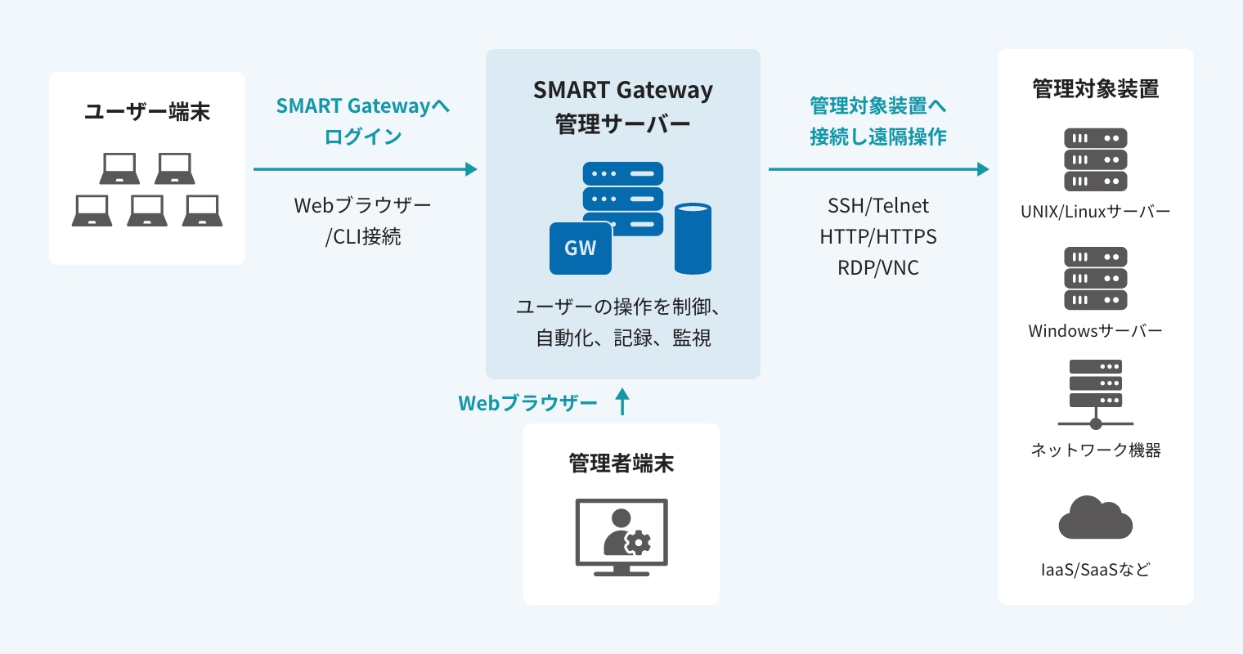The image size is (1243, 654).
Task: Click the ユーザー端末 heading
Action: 147,111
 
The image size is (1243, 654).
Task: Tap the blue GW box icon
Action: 580,248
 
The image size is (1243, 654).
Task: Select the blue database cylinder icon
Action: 693,238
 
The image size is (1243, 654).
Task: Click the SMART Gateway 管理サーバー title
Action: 623,106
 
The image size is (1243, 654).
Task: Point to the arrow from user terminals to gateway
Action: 365,169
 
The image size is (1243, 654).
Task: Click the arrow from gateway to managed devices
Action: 878,169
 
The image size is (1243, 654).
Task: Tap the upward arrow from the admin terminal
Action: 622,401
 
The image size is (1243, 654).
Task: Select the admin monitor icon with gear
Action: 621,536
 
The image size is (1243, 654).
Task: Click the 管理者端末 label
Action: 621,464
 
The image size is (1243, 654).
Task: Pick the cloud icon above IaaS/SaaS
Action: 1095,518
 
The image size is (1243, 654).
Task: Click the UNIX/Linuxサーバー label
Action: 1095,212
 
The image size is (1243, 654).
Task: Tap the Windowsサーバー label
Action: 1095,331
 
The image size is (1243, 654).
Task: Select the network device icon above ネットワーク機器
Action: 1095,393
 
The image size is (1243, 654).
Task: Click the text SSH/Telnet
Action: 878,205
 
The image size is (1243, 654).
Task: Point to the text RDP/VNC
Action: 878,267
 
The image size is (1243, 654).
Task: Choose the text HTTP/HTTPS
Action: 878,236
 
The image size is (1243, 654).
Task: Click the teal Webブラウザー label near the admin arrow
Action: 527,403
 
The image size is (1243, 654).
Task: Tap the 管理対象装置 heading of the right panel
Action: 1095,88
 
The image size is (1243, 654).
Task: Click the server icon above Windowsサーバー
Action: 1095,278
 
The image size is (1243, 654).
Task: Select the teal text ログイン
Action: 363,137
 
